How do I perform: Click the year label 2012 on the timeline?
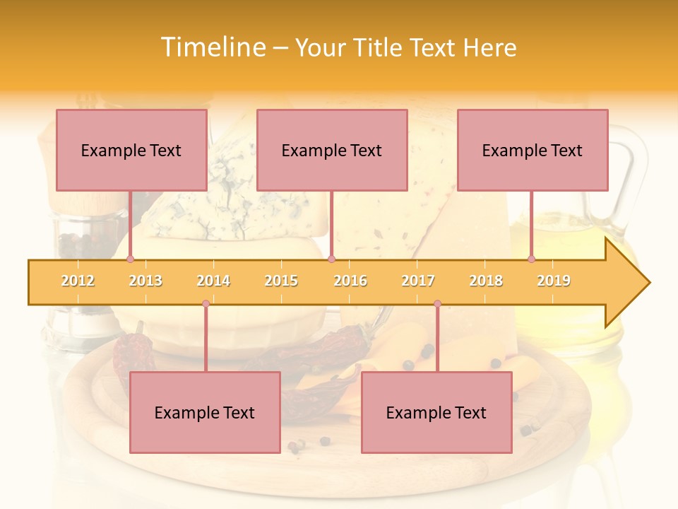pyautogui.click(x=78, y=281)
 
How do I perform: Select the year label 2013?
pyautogui.click(x=145, y=281)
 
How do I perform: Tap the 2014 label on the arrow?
pyautogui.click(x=213, y=281)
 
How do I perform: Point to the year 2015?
pyautogui.click(x=281, y=281)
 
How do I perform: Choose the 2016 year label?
pyautogui.click(x=350, y=281)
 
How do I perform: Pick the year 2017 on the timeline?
pyautogui.click(x=418, y=281)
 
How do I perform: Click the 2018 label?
pyautogui.click(x=486, y=281)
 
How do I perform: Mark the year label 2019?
pyautogui.click(x=554, y=281)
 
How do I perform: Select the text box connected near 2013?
pyautogui.click(x=131, y=150)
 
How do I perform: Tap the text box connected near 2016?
pyautogui.click(x=332, y=150)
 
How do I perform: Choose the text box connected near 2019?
pyautogui.click(x=533, y=150)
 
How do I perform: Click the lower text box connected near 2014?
pyautogui.click(x=205, y=412)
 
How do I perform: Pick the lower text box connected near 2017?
pyautogui.click(x=436, y=412)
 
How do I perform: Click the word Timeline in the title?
pyautogui.click(x=214, y=47)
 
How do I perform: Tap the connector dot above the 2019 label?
pyautogui.click(x=532, y=259)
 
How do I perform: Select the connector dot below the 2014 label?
pyautogui.click(x=206, y=303)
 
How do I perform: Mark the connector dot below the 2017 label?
pyautogui.click(x=437, y=303)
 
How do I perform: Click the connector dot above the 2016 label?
pyautogui.click(x=331, y=259)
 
